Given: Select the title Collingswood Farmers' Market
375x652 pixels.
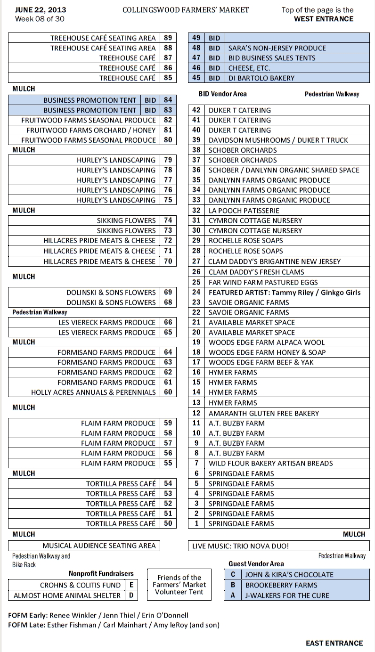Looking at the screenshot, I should tap(186, 10).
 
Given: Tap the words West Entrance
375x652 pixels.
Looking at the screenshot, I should tap(323, 19).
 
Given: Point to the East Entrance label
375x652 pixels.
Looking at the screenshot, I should tap(334, 643).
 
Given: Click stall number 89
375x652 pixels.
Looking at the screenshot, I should tap(168, 38).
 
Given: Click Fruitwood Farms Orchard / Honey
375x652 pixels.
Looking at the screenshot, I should tap(91, 130).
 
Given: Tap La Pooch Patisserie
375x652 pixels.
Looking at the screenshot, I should tap(244, 211).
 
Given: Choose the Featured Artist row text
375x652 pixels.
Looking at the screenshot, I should tap(285, 293).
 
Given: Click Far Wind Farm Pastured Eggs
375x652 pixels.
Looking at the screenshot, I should tap(263, 283).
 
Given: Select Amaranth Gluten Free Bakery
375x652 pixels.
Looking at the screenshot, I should tap(264, 413).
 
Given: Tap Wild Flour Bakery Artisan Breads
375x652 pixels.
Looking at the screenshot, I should tap(271, 463).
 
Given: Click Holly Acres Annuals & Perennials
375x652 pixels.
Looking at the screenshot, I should tap(93, 392).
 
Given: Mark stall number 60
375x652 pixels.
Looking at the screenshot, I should tap(168, 392).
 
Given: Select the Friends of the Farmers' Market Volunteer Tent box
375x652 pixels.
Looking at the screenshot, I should tap(179, 585).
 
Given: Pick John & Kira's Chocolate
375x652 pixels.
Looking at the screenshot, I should tap(289, 575).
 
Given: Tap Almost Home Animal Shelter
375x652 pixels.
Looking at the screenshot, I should tap(67, 595).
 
